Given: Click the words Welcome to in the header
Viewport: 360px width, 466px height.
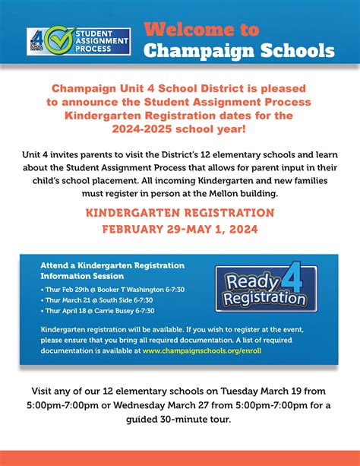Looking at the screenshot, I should pos(201,30).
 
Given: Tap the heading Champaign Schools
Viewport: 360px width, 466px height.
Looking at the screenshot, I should pos(238,51).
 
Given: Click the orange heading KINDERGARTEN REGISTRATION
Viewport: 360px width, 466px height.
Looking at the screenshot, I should pos(179,214).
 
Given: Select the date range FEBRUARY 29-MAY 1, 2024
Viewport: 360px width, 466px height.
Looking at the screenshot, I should pos(179,230).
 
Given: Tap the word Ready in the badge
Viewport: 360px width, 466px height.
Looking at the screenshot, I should pos(250,283).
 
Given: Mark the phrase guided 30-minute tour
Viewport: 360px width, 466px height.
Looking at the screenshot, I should pos(179,419).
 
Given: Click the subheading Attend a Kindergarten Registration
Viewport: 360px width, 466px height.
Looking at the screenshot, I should pos(112,265).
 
